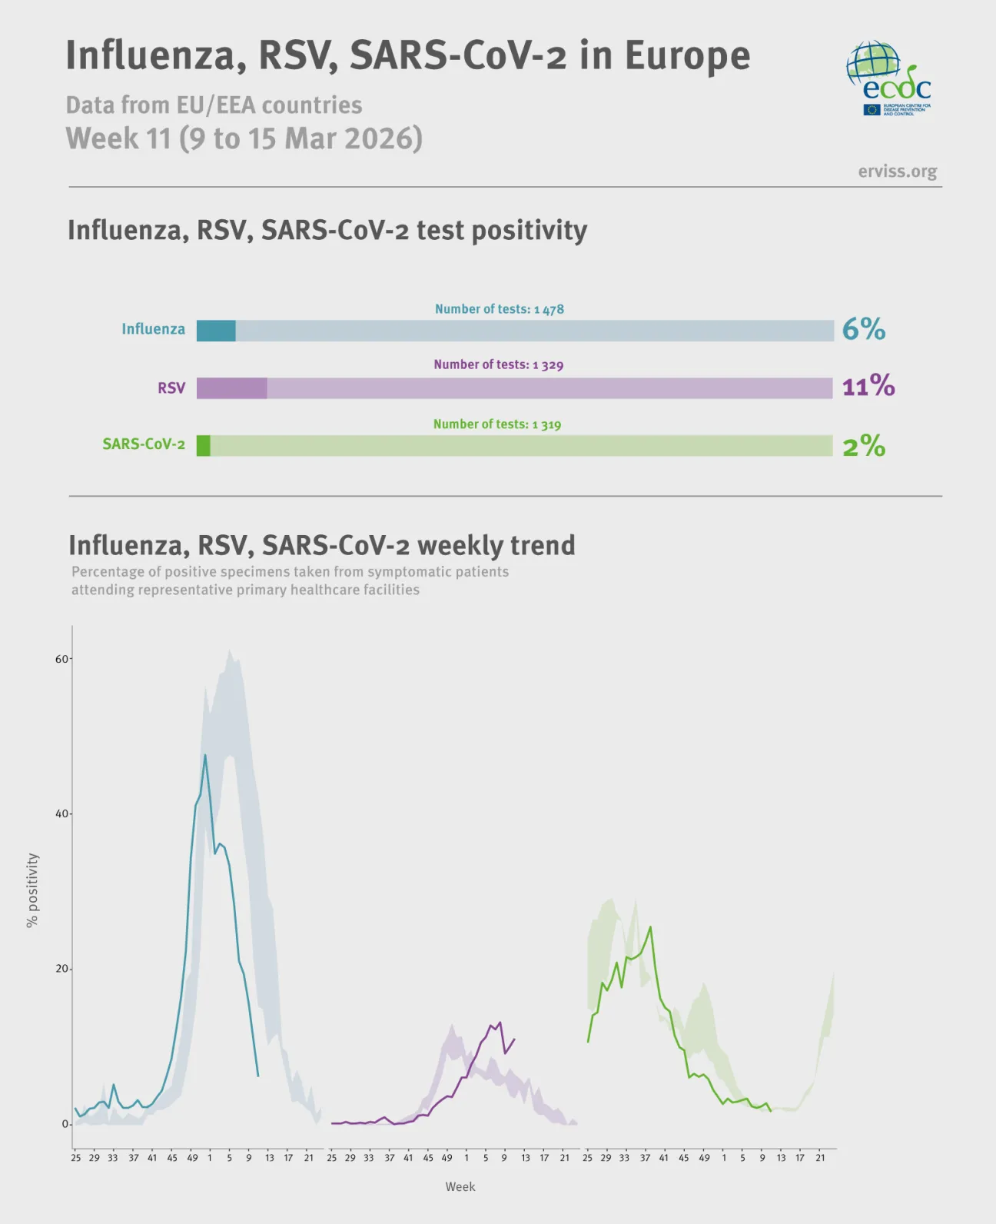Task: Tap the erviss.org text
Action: tap(897, 171)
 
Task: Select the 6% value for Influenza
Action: tap(863, 329)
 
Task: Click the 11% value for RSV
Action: tap(868, 386)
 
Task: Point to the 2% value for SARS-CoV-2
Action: tap(864, 446)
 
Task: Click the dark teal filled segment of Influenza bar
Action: tap(216, 331)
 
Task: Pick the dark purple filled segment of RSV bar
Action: tap(231, 388)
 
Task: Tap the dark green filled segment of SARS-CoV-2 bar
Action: tap(204, 446)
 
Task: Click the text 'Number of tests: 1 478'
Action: tap(499, 309)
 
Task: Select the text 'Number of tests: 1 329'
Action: tap(498, 364)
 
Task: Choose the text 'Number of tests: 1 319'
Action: tap(496, 424)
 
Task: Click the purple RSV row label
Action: tap(171, 388)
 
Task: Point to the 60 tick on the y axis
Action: tap(62, 659)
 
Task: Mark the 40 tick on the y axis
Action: tap(62, 813)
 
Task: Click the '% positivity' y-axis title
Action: tap(32, 890)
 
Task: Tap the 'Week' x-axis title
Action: tap(460, 1186)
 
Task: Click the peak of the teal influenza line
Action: tap(204, 756)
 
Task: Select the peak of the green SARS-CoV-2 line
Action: tap(651, 927)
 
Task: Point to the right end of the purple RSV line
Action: tap(514, 1039)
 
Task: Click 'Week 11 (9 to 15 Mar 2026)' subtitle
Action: tap(244, 138)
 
